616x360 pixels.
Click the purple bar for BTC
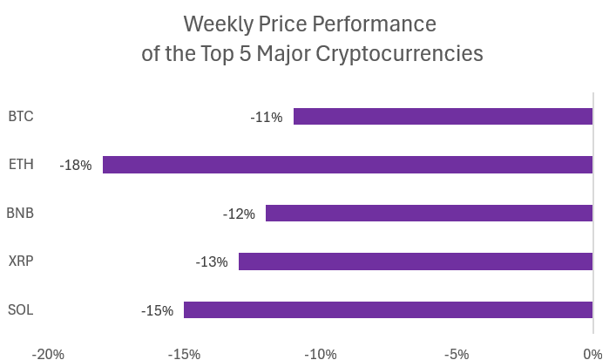[x=443, y=116]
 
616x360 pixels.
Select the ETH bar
[x=348, y=165]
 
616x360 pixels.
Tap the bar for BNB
[x=429, y=213]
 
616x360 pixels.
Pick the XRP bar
[x=416, y=262]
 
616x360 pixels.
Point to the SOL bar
[x=388, y=309]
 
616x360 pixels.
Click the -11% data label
[x=267, y=117]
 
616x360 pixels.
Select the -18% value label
[x=76, y=165]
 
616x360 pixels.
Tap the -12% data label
[x=239, y=214]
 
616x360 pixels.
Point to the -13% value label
[x=212, y=262]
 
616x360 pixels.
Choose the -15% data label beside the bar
[x=157, y=310]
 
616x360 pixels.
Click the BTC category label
[x=20, y=116]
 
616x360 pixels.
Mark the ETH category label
[x=20, y=164]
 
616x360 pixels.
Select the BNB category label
[x=20, y=213]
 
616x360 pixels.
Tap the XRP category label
[x=20, y=261]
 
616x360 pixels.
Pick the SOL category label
[x=20, y=309]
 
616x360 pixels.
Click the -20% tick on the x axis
[x=48, y=354]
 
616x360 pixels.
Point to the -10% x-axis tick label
[x=321, y=354]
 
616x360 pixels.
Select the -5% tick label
[x=457, y=354]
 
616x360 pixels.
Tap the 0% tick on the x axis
[x=592, y=354]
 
